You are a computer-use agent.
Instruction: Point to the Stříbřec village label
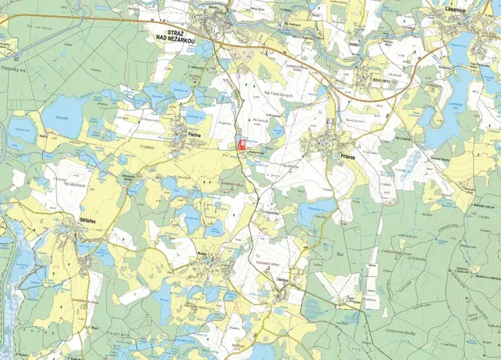click(x=92, y=220)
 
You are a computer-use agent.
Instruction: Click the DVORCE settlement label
click(x=355, y=44)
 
